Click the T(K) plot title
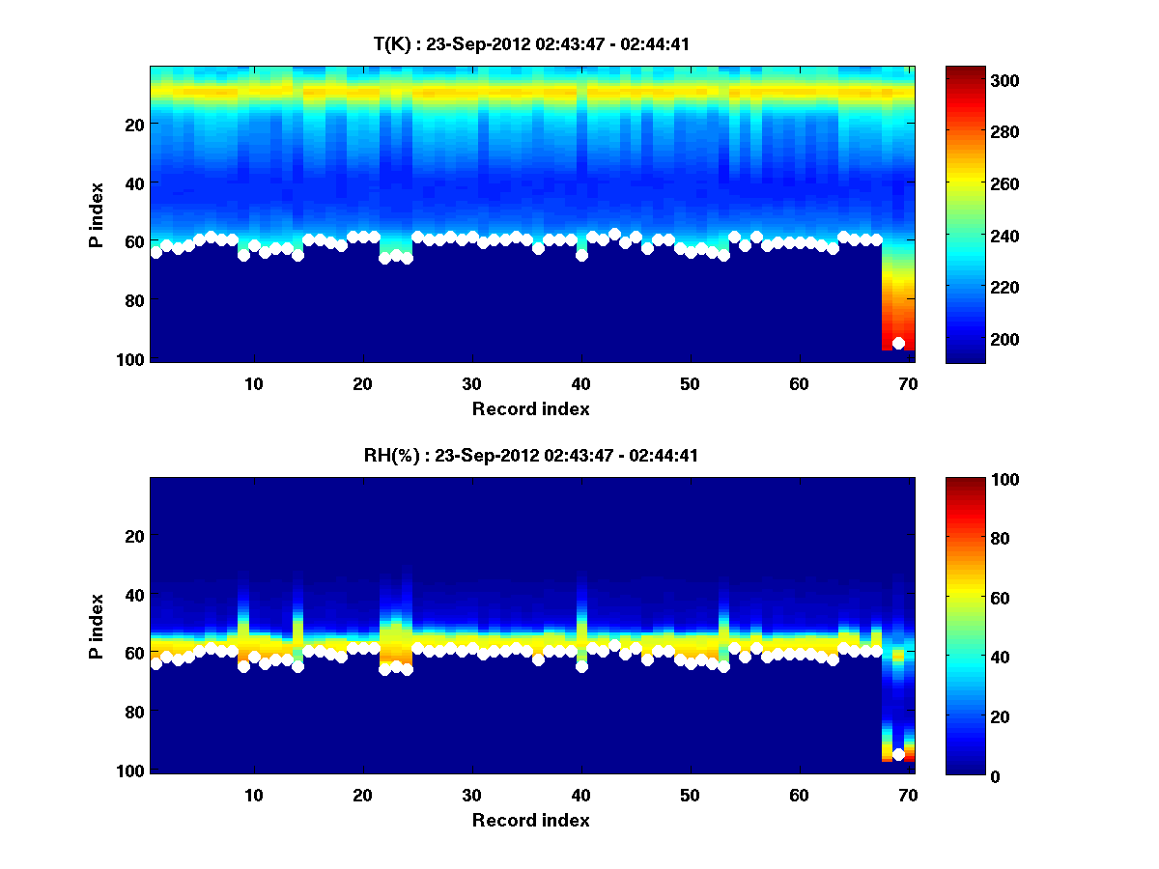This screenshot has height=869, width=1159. click(531, 43)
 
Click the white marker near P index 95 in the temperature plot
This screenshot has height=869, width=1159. click(898, 343)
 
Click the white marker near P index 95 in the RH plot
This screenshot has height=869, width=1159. click(898, 754)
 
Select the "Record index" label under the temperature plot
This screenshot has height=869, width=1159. click(530, 408)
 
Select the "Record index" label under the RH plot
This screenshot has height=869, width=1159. click(530, 820)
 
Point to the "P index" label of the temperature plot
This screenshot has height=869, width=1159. click(97, 214)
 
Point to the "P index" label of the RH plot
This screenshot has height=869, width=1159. click(97, 626)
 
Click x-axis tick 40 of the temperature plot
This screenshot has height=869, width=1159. click(580, 383)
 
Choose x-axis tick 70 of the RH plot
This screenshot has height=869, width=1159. click(908, 795)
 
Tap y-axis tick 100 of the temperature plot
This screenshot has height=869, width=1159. click(134, 359)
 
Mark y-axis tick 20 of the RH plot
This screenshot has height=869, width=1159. click(134, 536)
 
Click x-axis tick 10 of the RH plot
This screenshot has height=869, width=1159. click(253, 795)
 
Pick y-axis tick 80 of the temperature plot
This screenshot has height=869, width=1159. click(134, 300)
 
